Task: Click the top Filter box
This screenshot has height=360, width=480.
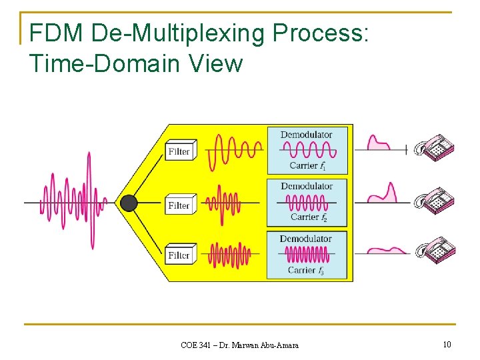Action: (180, 151)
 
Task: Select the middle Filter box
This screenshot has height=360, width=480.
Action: (180, 205)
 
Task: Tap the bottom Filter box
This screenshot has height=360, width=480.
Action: (180, 255)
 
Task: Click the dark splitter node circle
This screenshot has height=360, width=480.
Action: (129, 203)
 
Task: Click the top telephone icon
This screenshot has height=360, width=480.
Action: (434, 149)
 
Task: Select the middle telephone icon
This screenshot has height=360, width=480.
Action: (434, 200)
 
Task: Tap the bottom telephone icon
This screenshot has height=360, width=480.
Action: (435, 251)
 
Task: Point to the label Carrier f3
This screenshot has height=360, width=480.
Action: (307, 271)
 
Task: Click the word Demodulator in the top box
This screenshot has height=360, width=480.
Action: (306, 135)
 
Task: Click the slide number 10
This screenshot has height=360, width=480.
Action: (447, 344)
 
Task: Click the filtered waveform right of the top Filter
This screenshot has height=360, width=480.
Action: (234, 151)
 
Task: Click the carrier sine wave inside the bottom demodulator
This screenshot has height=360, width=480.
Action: (307, 254)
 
